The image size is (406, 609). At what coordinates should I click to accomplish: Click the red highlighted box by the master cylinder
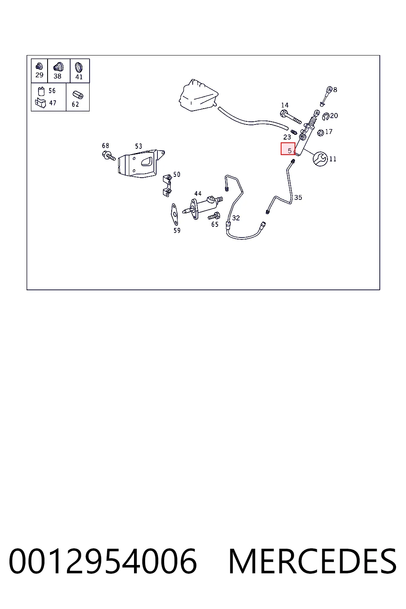point(288,149)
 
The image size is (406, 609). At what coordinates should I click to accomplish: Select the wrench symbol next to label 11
point(320,159)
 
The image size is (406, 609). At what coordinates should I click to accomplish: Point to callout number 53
point(139,146)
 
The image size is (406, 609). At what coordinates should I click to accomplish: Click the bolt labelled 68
point(109,156)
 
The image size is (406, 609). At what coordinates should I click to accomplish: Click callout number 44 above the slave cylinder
point(198,193)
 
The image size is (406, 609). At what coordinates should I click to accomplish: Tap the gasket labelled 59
point(174,214)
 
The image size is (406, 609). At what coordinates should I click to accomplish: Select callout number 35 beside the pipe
point(298,198)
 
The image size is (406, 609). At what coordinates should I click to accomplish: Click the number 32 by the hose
point(236,218)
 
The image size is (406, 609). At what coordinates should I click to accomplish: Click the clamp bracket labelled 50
point(167,186)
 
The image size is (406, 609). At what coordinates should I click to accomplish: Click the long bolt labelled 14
point(290,117)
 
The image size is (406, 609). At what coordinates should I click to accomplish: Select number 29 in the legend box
point(39,75)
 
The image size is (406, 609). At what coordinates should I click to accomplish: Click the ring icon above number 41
point(79,67)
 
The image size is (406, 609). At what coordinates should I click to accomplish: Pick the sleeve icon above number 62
point(78,95)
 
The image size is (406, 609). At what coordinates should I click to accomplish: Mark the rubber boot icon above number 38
point(58,67)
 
